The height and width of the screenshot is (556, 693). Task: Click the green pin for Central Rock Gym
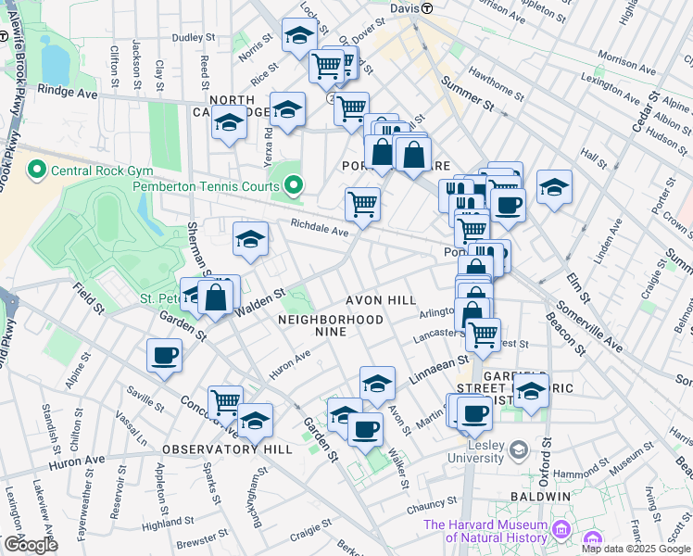click(x=37, y=171)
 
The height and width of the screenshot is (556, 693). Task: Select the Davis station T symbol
click(x=427, y=8)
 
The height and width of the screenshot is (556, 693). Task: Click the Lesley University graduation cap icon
click(x=518, y=448)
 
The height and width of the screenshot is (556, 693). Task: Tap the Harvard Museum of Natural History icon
click(x=561, y=530)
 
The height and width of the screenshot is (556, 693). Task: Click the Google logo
click(x=30, y=545)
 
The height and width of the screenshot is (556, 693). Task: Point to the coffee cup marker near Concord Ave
click(x=164, y=356)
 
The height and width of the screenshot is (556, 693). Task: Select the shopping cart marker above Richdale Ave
click(x=362, y=204)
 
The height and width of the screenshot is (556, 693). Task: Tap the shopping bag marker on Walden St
click(x=216, y=297)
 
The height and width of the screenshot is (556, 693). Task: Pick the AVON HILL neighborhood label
click(x=382, y=301)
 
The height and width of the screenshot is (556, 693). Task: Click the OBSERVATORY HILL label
click(x=227, y=449)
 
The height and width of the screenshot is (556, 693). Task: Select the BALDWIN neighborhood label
click(x=539, y=497)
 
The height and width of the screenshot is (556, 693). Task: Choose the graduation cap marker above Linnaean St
click(x=377, y=382)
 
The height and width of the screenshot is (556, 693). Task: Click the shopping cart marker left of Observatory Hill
click(x=225, y=401)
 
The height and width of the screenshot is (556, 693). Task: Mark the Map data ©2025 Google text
click(x=636, y=549)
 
